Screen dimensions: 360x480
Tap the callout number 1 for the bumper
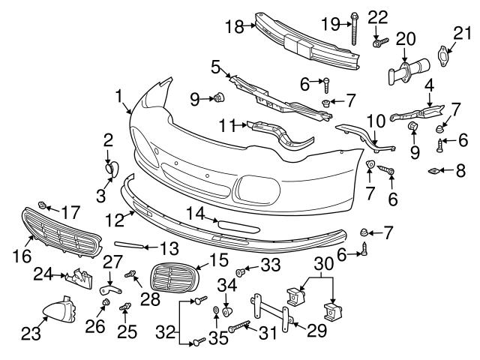[120, 96]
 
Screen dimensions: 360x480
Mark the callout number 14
[195, 214]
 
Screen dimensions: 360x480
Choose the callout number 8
[461, 172]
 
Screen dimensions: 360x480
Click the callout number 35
[217, 338]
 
